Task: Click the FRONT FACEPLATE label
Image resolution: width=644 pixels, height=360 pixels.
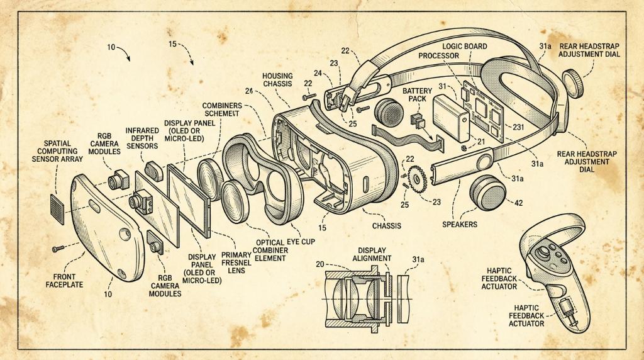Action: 64,280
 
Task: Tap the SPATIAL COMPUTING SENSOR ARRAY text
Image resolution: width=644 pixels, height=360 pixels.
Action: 57,151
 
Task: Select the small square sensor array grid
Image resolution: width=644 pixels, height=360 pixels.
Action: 57,209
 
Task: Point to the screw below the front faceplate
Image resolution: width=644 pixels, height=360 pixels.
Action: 58,249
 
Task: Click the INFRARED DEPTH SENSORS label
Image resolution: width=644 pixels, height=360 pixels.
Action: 142,138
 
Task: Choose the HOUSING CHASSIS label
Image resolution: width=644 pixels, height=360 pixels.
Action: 277,80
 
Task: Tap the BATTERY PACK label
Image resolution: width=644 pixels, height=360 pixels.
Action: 417,94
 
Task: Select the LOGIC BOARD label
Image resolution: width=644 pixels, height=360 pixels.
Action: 465,47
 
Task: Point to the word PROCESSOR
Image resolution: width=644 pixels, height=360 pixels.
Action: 438,55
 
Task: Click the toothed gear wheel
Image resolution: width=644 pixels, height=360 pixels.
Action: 418,179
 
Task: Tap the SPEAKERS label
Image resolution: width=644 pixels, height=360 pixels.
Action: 460,225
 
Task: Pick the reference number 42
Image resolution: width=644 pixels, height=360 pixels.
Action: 518,203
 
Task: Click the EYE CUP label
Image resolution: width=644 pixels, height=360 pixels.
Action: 301,242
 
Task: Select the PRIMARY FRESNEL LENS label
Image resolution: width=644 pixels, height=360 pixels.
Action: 236,262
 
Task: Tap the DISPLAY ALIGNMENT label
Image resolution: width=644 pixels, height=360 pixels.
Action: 372,254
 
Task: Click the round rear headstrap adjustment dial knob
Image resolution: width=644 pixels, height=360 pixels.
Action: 573,84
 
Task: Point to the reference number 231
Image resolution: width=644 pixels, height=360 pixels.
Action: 518,127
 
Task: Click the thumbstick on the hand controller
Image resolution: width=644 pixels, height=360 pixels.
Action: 543,252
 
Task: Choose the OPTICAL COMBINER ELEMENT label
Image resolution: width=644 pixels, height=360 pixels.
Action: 270,250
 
